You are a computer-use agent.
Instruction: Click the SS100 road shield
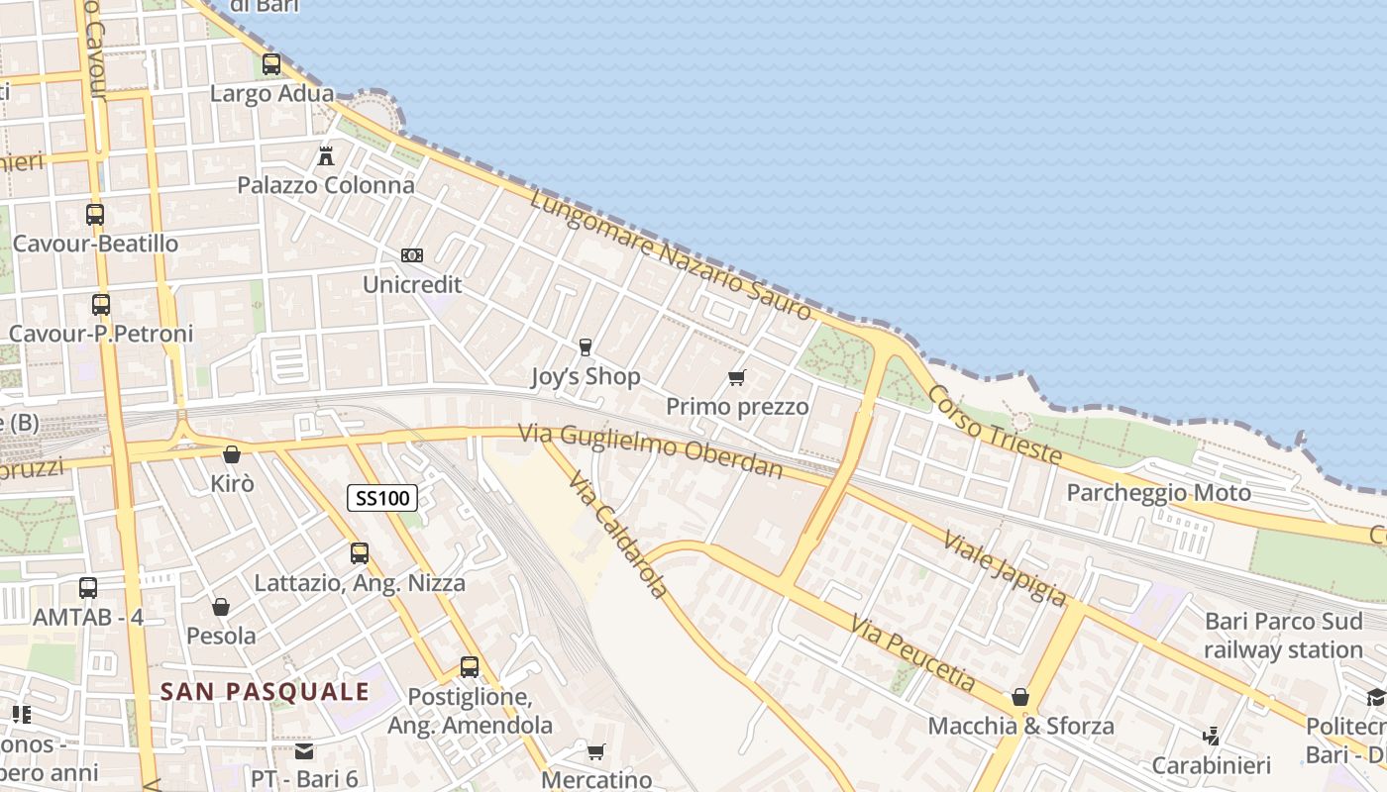pyautogui.click(x=381, y=498)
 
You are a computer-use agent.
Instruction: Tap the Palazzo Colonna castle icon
pyautogui.click(x=325, y=155)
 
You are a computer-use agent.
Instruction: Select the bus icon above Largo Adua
pyautogui.click(x=270, y=64)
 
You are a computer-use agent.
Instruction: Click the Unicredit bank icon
pyautogui.click(x=412, y=255)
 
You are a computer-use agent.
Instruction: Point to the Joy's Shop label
pyautogui.click(x=586, y=376)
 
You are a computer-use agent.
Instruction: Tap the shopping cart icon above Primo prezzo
pyautogui.click(x=736, y=377)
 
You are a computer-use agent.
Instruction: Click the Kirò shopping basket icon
pyautogui.click(x=232, y=454)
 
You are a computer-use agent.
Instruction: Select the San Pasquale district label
pyautogui.click(x=265, y=691)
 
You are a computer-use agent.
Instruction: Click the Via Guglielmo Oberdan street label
pyautogui.click(x=650, y=450)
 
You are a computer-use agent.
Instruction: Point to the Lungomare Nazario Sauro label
pyautogui.click(x=671, y=256)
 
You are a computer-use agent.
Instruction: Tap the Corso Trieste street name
pyautogui.click(x=994, y=426)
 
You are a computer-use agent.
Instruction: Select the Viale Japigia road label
pyautogui.click(x=1005, y=567)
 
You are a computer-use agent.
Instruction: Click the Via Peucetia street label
pyautogui.click(x=913, y=652)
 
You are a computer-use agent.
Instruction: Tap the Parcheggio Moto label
pyautogui.click(x=1158, y=492)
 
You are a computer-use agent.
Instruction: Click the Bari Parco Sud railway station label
pyautogui.click(x=1283, y=636)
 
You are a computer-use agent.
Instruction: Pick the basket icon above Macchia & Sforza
pyautogui.click(x=1020, y=697)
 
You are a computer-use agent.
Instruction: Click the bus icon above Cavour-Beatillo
pyautogui.click(x=95, y=214)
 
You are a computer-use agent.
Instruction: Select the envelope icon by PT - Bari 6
pyautogui.click(x=303, y=750)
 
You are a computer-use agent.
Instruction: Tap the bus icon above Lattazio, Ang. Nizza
pyautogui.click(x=360, y=553)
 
